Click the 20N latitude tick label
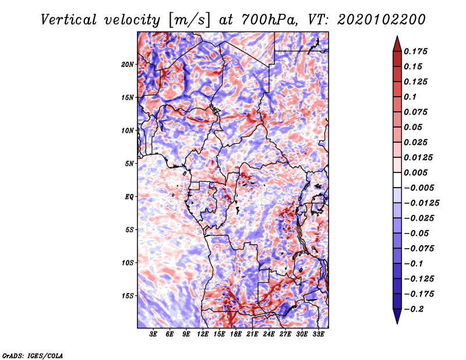click(x=127, y=64)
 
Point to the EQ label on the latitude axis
click(x=129, y=197)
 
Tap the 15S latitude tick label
click(x=127, y=296)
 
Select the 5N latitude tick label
click(x=129, y=164)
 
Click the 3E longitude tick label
click(x=153, y=334)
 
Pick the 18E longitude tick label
click(x=236, y=334)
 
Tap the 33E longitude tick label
click(x=318, y=334)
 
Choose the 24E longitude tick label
click(x=269, y=334)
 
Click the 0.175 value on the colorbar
click(x=415, y=51)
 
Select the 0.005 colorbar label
click(x=415, y=172)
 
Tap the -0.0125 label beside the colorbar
click(x=421, y=203)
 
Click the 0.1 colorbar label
click(x=410, y=97)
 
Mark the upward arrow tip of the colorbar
click(x=397, y=36)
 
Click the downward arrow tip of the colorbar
click(x=397, y=323)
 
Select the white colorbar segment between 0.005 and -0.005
click(x=397, y=180)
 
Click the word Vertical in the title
click(x=69, y=20)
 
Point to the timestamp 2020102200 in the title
click(x=382, y=20)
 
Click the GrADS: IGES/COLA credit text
click(x=33, y=355)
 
